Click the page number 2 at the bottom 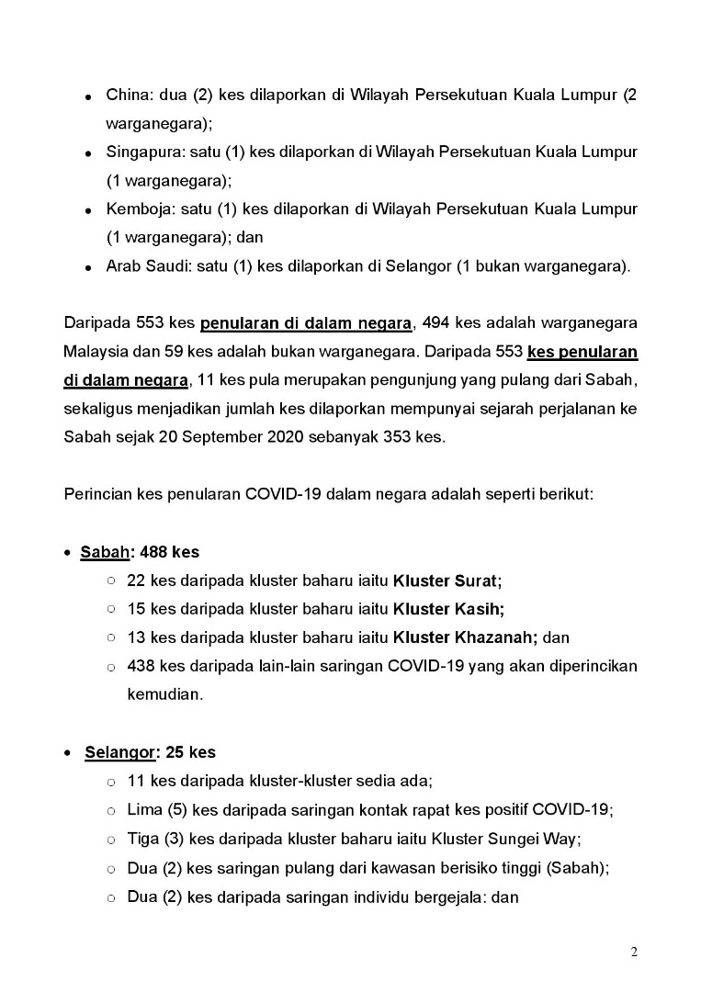pos(634,952)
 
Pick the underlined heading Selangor pos(119,752)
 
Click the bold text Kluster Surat pos(447,581)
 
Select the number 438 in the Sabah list pos(141,665)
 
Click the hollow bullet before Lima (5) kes pos(110,810)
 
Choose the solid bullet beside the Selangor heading pos(69,753)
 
